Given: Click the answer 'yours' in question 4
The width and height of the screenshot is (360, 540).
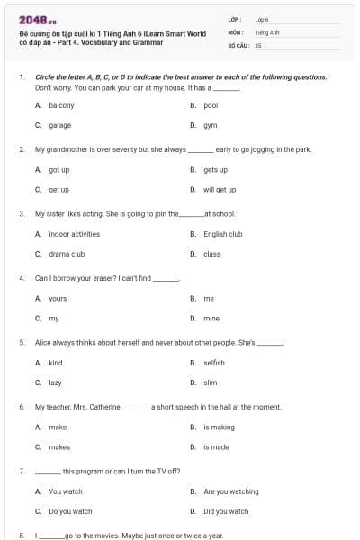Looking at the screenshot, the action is [x=58, y=298].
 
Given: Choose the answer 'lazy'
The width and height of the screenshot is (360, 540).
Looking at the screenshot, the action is [x=55, y=382].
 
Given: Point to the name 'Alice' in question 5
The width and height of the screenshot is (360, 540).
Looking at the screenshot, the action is [x=42, y=343].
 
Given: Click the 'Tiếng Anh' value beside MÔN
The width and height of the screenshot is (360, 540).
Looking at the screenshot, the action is [x=263, y=31].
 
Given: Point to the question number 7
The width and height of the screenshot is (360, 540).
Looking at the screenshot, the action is [x=21, y=471].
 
